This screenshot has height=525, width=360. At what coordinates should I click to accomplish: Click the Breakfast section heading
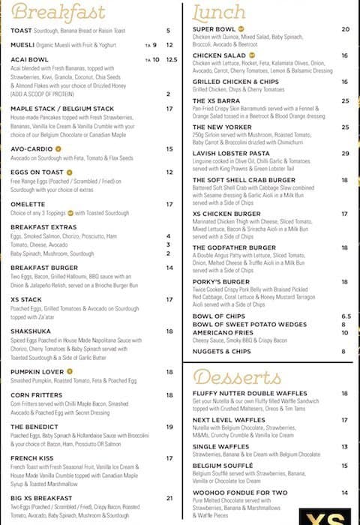[x=58, y=13]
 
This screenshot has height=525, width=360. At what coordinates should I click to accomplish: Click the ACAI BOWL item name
[x=28, y=58]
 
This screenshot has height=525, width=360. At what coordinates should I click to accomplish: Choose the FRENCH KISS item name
[x=31, y=457]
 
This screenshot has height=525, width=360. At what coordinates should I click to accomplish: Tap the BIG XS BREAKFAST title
[x=41, y=497]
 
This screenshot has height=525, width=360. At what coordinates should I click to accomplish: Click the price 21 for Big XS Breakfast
[x=169, y=497]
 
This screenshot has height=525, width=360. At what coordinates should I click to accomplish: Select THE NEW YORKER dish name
[x=222, y=127]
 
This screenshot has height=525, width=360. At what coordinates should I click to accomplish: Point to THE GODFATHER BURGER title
[x=234, y=247]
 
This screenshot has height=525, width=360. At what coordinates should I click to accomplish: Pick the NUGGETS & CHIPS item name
[x=221, y=351]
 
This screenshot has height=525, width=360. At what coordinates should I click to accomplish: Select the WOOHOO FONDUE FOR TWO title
[x=238, y=493]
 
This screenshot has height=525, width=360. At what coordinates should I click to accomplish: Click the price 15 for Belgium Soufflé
[x=345, y=466]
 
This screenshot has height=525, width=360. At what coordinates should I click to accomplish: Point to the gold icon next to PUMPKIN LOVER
[x=70, y=370]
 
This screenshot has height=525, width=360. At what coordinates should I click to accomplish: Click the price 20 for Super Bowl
[x=345, y=29]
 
